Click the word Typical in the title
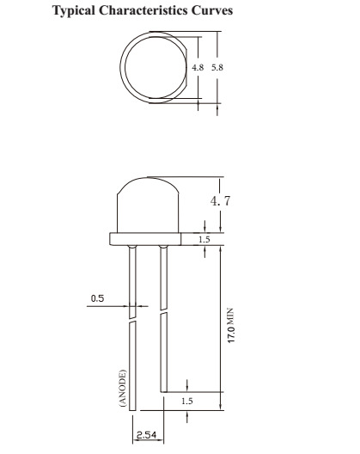point(74,11)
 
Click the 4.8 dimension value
point(198,67)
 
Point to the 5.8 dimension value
point(217,67)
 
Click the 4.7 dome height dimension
point(221,200)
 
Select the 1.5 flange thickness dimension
point(204,239)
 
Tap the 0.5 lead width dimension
point(98,298)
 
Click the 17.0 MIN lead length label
point(231,325)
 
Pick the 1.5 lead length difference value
point(187,401)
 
